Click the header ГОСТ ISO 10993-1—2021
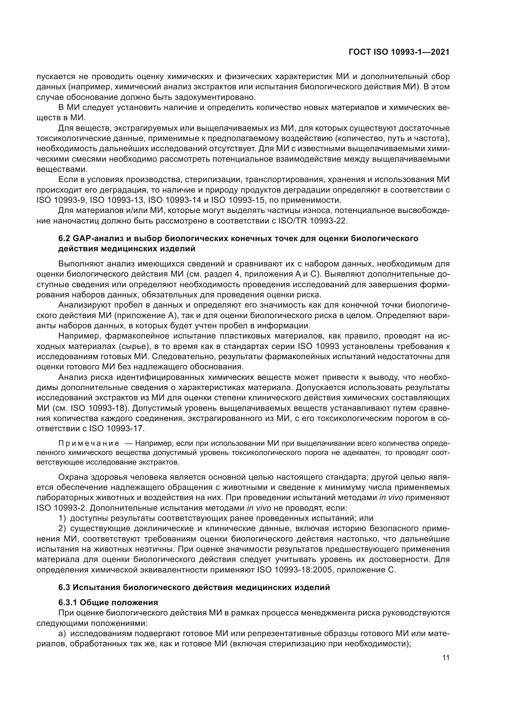(x=399, y=52)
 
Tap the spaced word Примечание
(x=89, y=444)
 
